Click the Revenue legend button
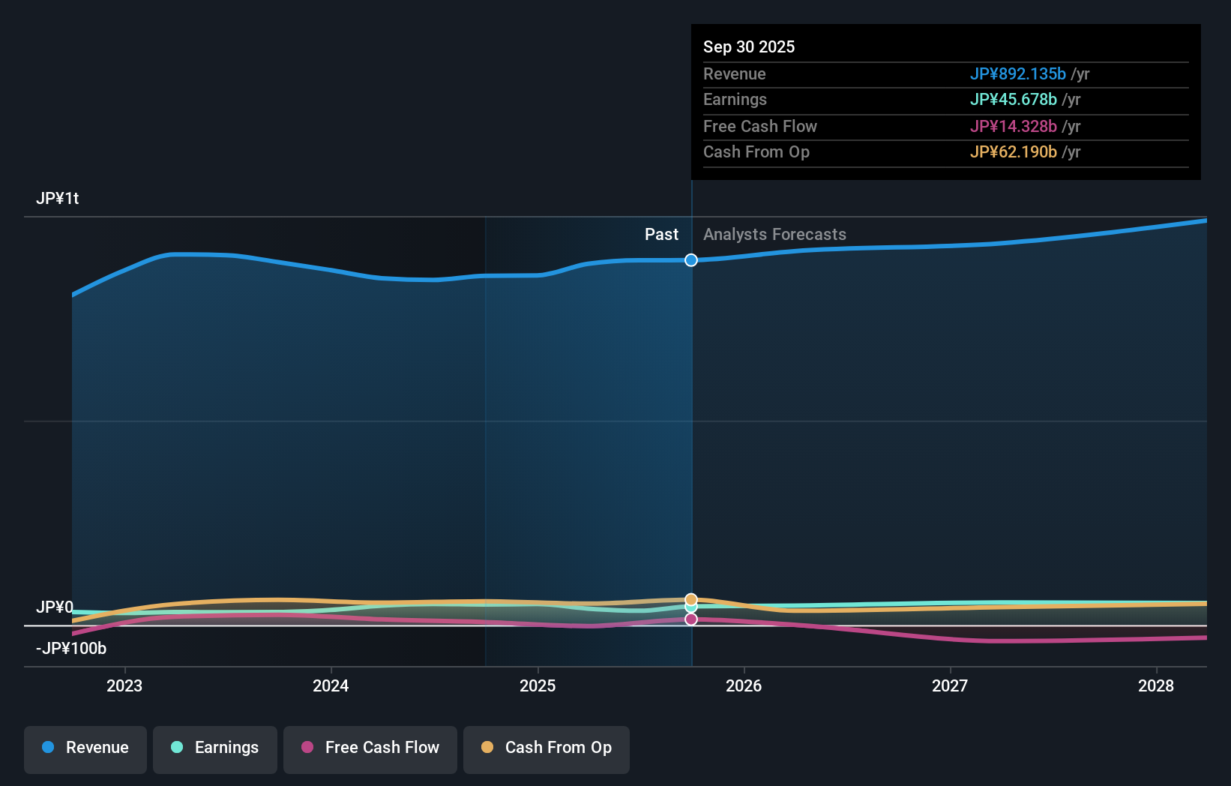click(x=85, y=748)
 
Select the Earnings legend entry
click(x=215, y=748)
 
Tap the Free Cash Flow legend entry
click(x=370, y=748)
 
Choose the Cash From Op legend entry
click(x=547, y=748)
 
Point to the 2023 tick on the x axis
click(x=124, y=685)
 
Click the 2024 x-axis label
click(x=331, y=685)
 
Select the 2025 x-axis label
click(x=538, y=685)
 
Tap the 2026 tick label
click(x=744, y=685)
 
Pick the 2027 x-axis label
click(x=950, y=685)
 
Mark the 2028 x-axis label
click(x=1156, y=685)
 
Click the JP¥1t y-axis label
click(x=58, y=199)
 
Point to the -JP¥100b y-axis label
click(x=71, y=649)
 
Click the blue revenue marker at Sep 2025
click(x=691, y=260)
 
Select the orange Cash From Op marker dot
click(x=691, y=599)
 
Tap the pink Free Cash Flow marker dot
click(x=691, y=619)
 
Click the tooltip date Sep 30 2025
click(x=749, y=46)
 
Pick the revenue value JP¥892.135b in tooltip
click(x=1017, y=73)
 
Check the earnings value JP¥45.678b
click(x=1013, y=100)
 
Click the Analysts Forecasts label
click(x=774, y=235)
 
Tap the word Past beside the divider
click(x=661, y=235)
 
